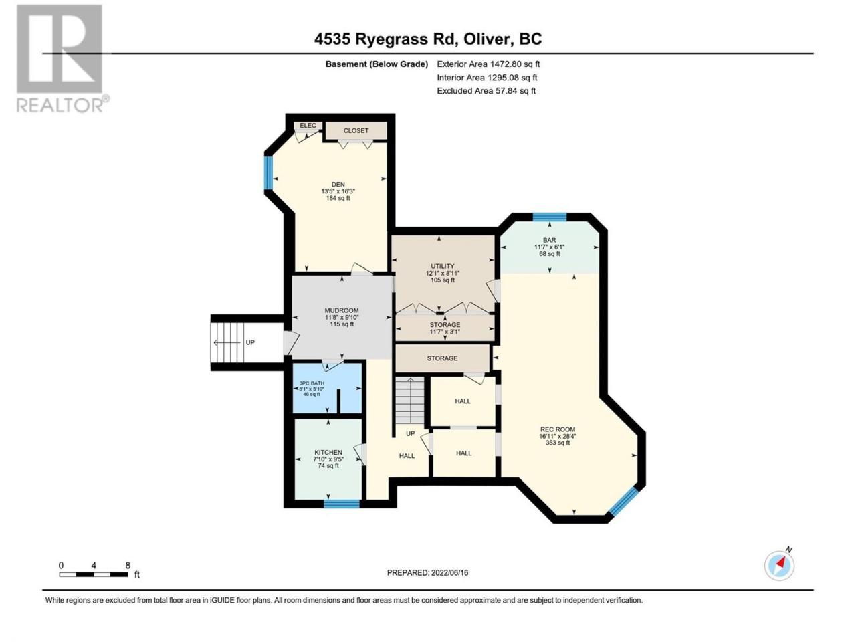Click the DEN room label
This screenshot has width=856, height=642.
[x=338, y=184]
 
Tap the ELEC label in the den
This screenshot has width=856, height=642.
[x=308, y=126]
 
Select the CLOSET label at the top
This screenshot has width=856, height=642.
[x=356, y=130]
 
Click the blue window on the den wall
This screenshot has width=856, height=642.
[x=267, y=173]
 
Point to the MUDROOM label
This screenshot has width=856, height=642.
[x=342, y=310]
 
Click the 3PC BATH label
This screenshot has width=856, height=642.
[x=312, y=383]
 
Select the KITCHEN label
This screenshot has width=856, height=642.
[x=328, y=452]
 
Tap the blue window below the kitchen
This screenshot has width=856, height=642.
[x=342, y=504]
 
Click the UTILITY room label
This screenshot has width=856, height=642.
[x=442, y=266]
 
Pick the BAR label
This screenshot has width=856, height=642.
[x=549, y=240]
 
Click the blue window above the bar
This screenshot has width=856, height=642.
[x=549, y=217]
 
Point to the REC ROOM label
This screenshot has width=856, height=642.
[x=558, y=429]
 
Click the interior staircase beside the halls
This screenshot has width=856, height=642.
[x=409, y=401]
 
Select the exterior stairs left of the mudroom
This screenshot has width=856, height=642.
[x=227, y=342]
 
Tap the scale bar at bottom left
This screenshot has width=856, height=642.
[x=94, y=574]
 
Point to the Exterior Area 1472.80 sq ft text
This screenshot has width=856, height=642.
[x=488, y=64]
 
